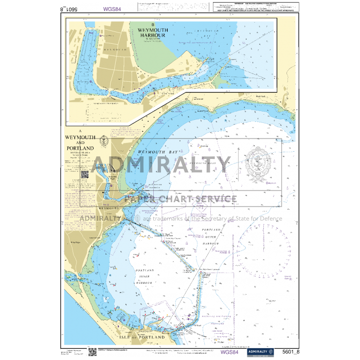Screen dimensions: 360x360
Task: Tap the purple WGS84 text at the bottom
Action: coord(229,352)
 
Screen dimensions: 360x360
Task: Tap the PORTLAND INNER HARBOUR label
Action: coord(146,276)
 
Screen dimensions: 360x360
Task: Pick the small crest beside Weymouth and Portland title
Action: coord(103,139)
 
